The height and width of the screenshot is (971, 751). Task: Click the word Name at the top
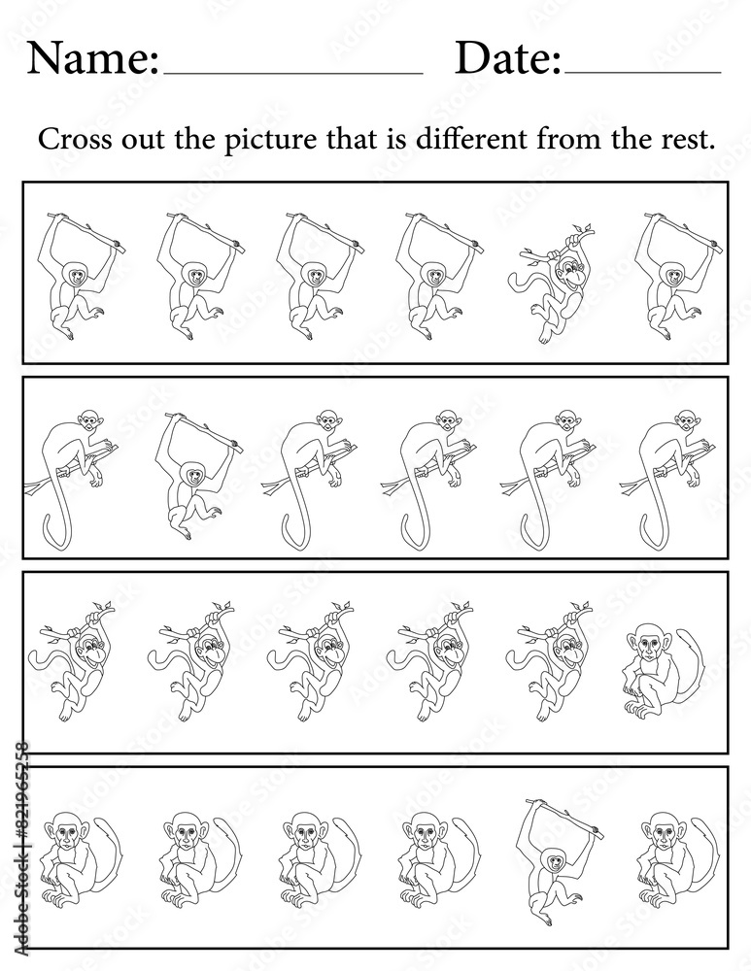(92, 59)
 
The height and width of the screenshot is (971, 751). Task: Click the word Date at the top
(507, 59)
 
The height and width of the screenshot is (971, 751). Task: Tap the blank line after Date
(643, 73)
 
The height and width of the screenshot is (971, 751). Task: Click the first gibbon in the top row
(83, 275)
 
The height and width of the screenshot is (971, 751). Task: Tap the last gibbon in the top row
(679, 275)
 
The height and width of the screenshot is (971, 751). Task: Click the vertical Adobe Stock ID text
(20, 854)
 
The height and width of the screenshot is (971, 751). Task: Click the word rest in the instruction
(689, 141)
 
